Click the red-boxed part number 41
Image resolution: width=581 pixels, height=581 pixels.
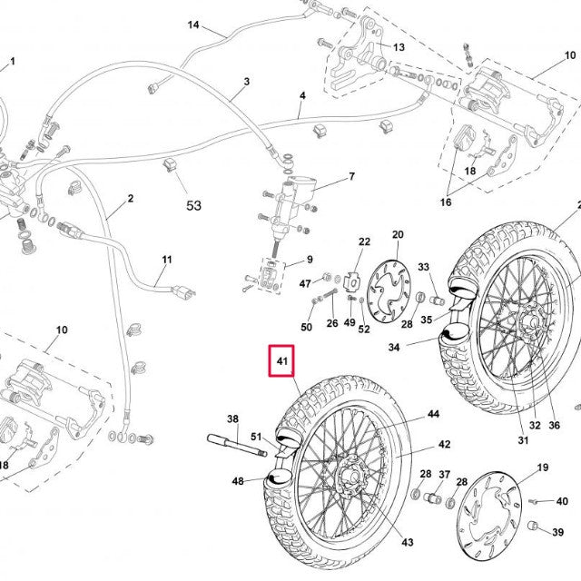click(x=282, y=363)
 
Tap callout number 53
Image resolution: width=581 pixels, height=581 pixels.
click(x=193, y=206)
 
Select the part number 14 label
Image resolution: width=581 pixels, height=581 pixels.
click(x=193, y=25)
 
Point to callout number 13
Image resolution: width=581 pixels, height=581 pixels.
click(x=398, y=47)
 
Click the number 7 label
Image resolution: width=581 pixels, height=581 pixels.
click(x=351, y=176)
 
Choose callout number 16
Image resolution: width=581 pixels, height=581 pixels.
click(x=446, y=202)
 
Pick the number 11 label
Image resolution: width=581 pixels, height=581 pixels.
click(x=167, y=261)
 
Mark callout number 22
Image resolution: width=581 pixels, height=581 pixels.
click(x=365, y=241)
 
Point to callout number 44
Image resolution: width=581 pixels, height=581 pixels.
click(x=433, y=414)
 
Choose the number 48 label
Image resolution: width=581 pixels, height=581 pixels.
click(x=238, y=481)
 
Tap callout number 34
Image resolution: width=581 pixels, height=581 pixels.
click(x=394, y=347)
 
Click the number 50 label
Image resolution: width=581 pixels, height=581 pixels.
click(x=307, y=327)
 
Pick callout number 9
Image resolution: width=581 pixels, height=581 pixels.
click(x=309, y=261)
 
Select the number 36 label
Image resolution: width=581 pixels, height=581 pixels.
click(x=554, y=425)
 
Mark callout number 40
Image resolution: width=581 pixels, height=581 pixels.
click(x=562, y=501)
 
